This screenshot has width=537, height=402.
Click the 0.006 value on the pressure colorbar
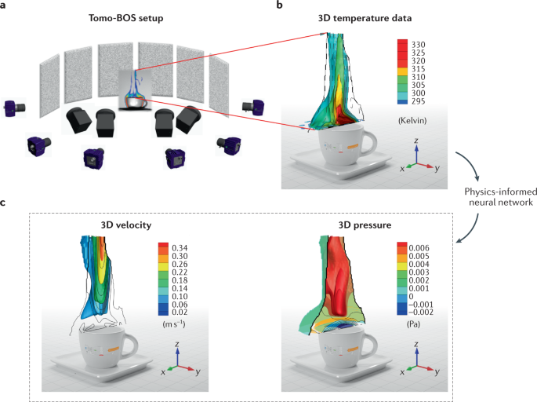426,247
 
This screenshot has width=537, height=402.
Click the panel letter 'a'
5,6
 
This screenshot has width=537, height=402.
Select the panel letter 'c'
5,203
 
